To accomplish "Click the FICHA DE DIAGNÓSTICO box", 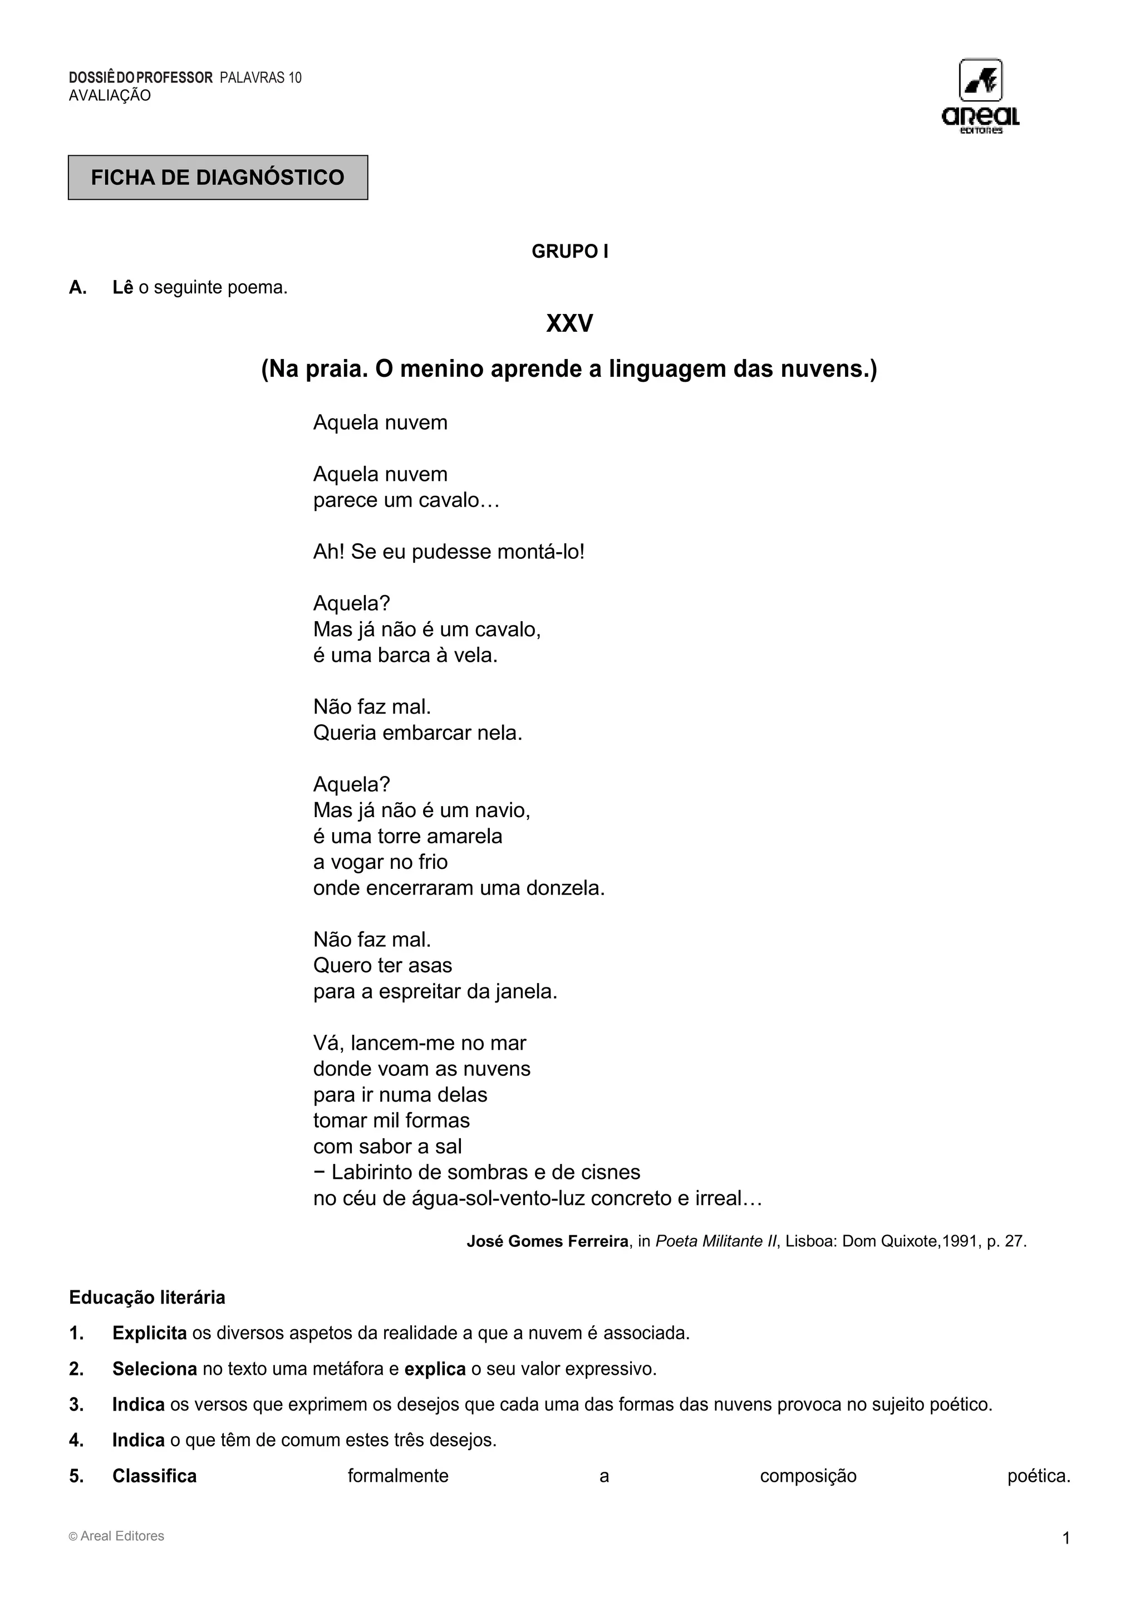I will click(218, 178).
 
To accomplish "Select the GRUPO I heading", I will click(569, 252).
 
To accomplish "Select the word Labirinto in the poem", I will click(375, 1172).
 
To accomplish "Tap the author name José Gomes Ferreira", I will click(548, 1241).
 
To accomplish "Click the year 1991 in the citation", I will click(960, 1241).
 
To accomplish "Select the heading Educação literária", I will click(147, 1298).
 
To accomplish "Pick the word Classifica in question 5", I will click(154, 1476).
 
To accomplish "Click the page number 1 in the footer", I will click(1065, 1539).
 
